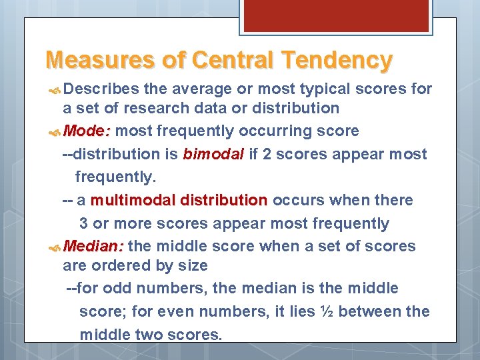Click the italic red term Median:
94,246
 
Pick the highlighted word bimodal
213,155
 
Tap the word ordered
114,265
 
